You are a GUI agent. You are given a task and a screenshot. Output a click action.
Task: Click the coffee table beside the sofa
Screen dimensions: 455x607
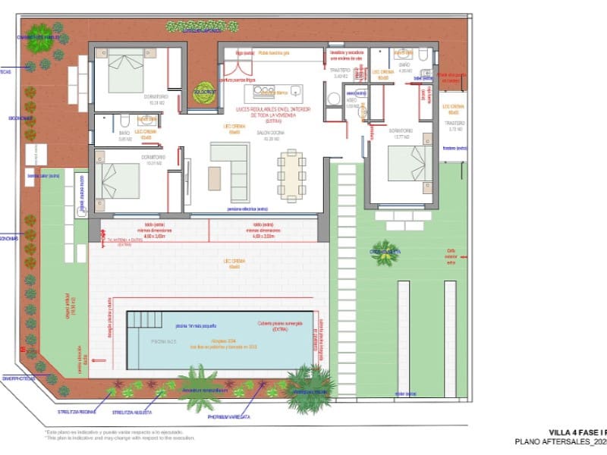pos(215,177)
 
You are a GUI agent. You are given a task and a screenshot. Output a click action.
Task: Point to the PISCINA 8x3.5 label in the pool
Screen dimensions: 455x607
pos(163,344)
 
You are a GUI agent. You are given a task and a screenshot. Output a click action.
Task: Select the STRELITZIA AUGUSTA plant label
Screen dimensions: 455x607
pos(133,413)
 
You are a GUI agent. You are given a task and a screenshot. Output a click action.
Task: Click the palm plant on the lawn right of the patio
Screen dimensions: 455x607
pos(385,253)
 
